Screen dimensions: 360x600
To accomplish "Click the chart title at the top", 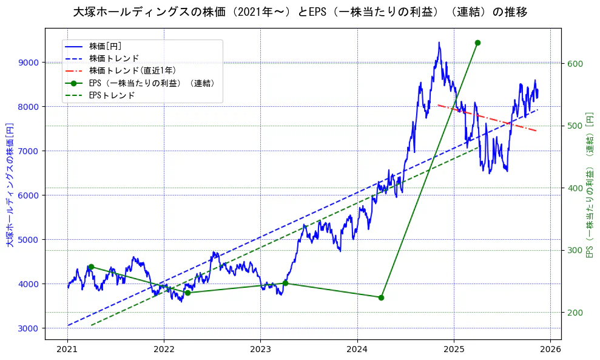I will coord(300,12).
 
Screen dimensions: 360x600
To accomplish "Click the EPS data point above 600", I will coord(477,42).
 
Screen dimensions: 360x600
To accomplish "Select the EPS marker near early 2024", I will coord(381,297).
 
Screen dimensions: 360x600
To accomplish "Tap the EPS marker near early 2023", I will coord(285,283).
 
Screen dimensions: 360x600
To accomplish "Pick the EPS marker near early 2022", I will coord(187,293).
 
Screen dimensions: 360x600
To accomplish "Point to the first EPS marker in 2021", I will coord(91,267).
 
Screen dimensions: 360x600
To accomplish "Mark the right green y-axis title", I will coord(589,185).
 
